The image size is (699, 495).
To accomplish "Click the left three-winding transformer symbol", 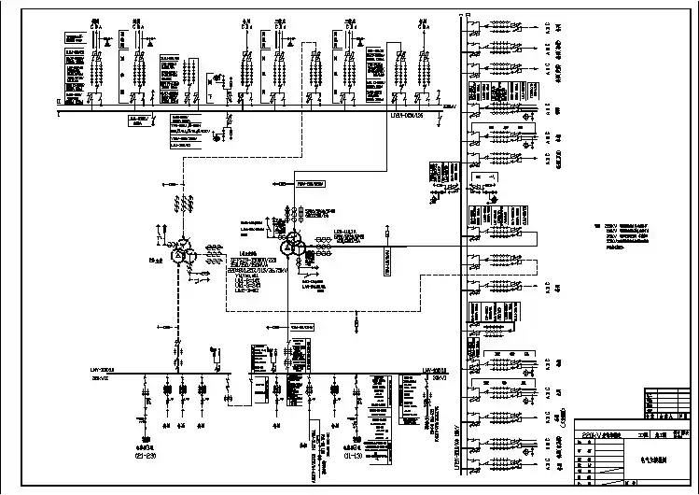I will [x=181, y=253].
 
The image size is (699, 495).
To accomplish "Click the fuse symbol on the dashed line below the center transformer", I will [x=356, y=322].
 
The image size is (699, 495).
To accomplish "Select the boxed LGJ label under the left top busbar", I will [x=139, y=120].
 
